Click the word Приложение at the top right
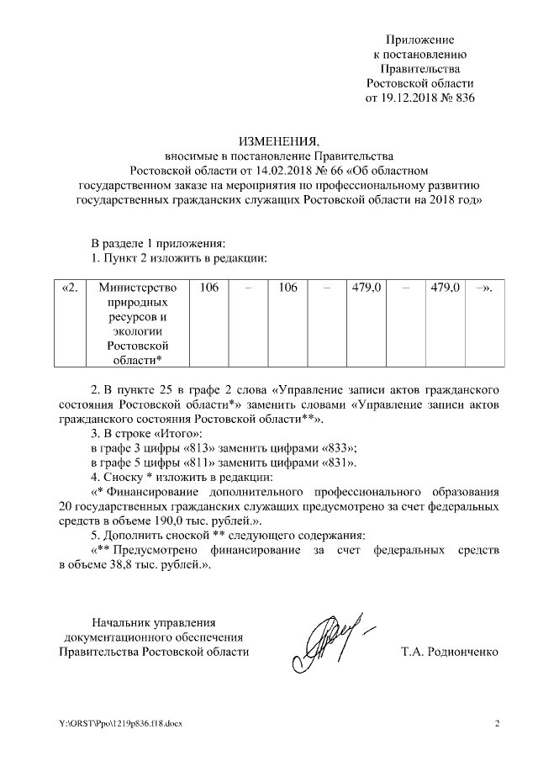pyautogui.click(x=419, y=40)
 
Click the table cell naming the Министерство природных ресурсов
pyautogui.click(x=134, y=324)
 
